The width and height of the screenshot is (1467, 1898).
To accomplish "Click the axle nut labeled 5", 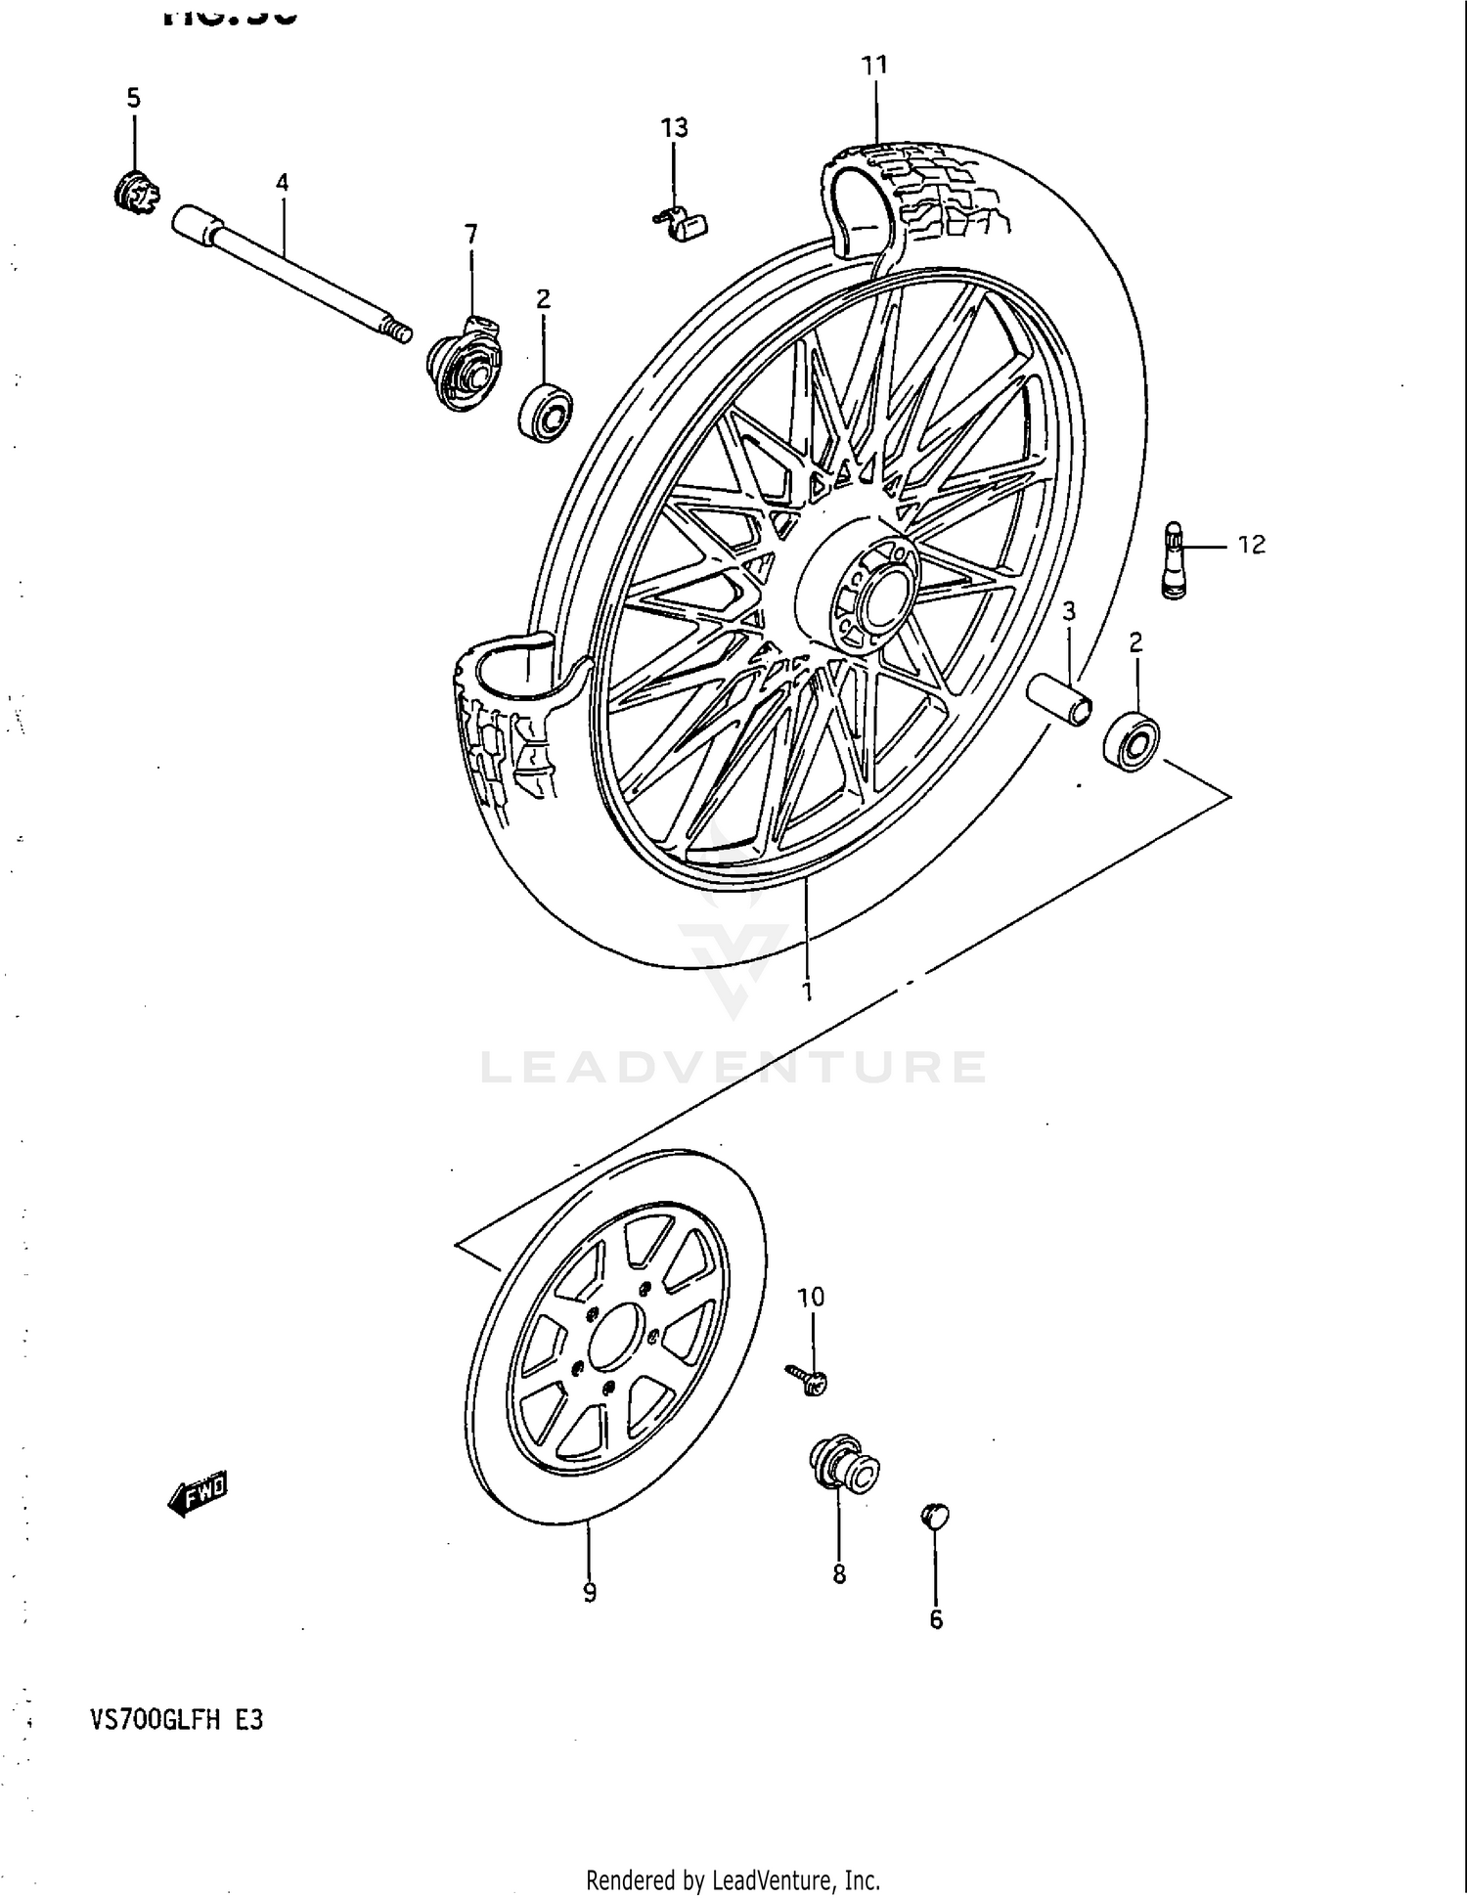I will tap(135, 193).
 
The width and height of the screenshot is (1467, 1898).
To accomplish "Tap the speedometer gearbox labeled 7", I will tap(465, 364).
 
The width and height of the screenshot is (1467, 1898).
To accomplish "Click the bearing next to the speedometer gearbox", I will tap(546, 413).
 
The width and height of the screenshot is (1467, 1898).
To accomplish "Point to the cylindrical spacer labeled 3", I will tap(1060, 702).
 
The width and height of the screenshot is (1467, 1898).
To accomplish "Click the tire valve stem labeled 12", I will tap(1175, 560).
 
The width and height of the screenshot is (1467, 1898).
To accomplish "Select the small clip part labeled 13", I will tap(682, 225).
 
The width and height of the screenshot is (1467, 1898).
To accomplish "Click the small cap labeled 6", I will tap(935, 1517).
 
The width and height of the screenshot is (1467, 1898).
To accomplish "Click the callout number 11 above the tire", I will tap(873, 66).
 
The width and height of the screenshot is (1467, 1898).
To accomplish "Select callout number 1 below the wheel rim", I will tap(807, 992).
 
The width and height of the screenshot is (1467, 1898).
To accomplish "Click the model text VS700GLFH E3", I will tap(176, 1720).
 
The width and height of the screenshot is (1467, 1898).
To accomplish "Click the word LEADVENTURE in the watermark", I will tap(733, 1067).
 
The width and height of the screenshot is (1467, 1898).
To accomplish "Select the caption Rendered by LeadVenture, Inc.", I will tap(733, 1879).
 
